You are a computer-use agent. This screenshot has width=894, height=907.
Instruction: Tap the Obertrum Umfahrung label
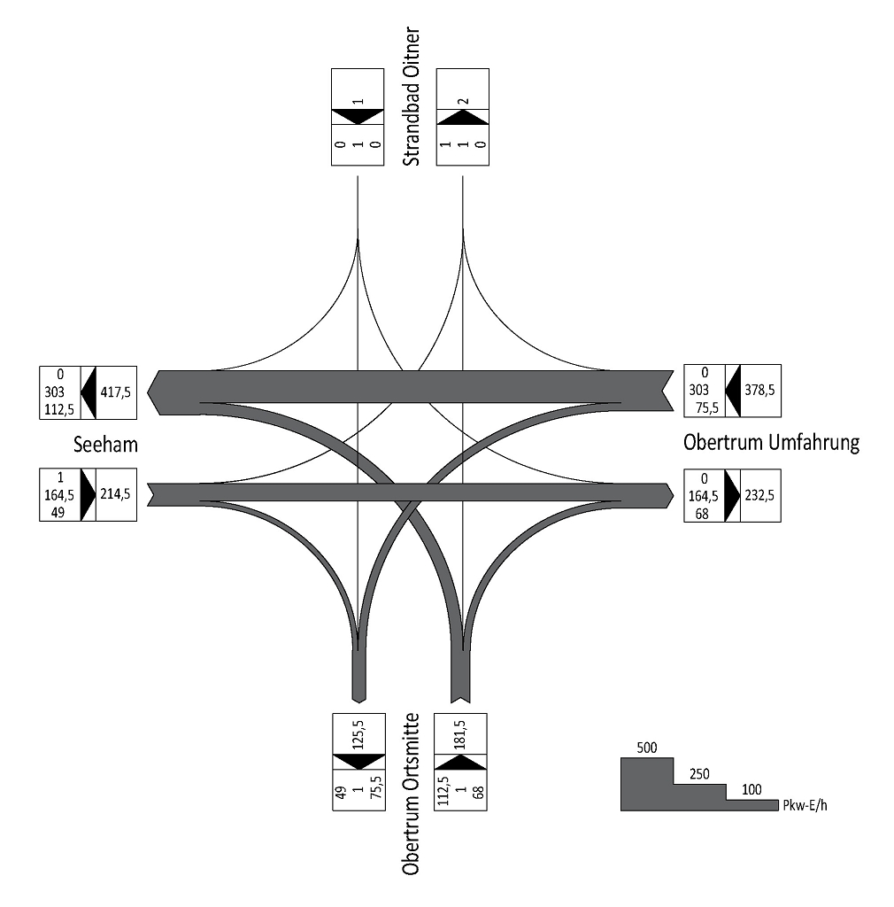[x=771, y=443]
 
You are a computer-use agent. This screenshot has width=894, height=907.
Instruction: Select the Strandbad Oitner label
[x=411, y=97]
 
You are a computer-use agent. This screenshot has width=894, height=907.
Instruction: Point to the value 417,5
[x=116, y=391]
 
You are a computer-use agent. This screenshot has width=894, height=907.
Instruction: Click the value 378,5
[x=760, y=391]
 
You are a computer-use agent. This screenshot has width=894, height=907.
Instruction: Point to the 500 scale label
[x=647, y=748]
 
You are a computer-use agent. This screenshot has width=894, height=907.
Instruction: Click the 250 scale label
[x=698, y=773]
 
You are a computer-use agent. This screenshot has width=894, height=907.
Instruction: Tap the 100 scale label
[x=751, y=787]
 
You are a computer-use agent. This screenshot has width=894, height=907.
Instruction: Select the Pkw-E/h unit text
[x=804, y=805]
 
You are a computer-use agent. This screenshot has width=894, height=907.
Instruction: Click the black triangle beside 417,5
[x=88, y=391]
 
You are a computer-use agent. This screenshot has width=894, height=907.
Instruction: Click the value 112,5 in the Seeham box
[x=60, y=408]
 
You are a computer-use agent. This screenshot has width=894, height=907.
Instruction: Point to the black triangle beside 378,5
[x=732, y=391]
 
